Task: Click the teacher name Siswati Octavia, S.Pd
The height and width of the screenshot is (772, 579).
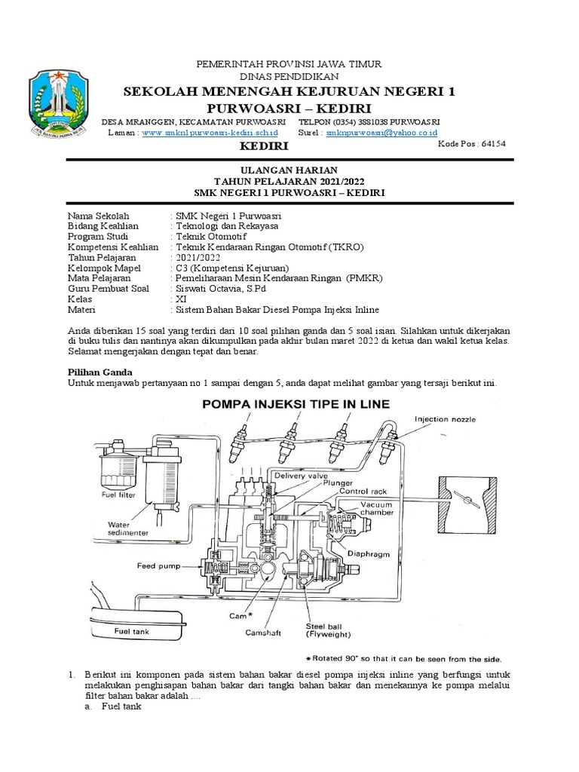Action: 220,288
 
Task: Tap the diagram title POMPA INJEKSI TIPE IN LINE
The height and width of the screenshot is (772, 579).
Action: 294,404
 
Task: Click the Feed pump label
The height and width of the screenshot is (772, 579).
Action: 157,565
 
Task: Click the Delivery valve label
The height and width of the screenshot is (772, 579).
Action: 299,476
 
